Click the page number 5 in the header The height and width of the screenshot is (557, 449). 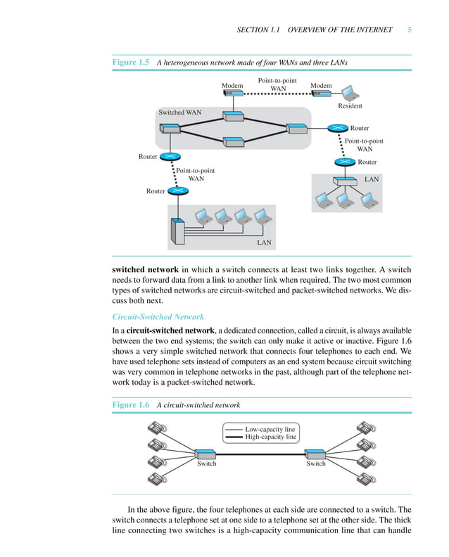(x=409, y=30)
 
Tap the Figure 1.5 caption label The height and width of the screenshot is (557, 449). (x=131, y=63)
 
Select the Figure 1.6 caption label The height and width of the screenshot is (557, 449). (x=131, y=405)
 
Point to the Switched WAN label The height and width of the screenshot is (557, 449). (x=179, y=113)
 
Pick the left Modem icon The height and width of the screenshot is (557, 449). (x=233, y=93)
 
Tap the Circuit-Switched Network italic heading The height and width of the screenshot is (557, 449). (x=158, y=316)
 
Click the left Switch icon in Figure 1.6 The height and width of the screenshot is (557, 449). (x=206, y=453)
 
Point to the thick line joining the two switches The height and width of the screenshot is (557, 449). (x=260, y=453)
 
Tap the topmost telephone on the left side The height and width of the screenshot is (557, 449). (x=157, y=428)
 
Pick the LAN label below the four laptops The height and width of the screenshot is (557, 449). (x=264, y=243)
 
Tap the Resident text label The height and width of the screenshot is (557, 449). (x=350, y=105)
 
